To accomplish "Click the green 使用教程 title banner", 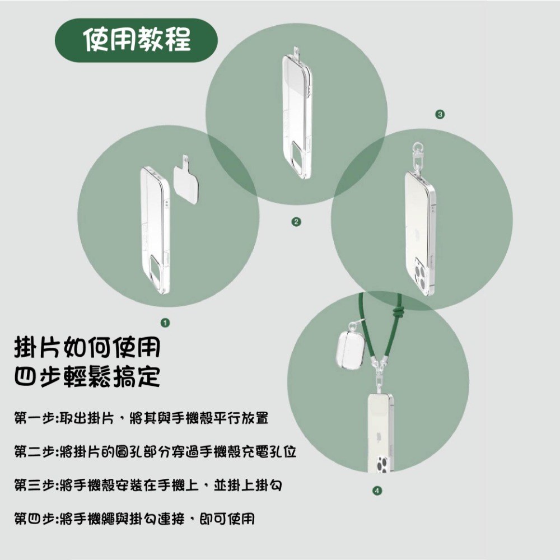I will coord(137,40).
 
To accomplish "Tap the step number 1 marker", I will coord(165,323).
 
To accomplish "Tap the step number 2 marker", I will coord(296,222).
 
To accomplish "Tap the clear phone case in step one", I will coord(154,230).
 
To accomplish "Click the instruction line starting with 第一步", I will coord(142,418).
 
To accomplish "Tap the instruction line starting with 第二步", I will coord(155,451).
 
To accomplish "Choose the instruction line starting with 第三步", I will coord(148,485).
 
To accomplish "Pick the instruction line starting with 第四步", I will coord(134,519).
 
